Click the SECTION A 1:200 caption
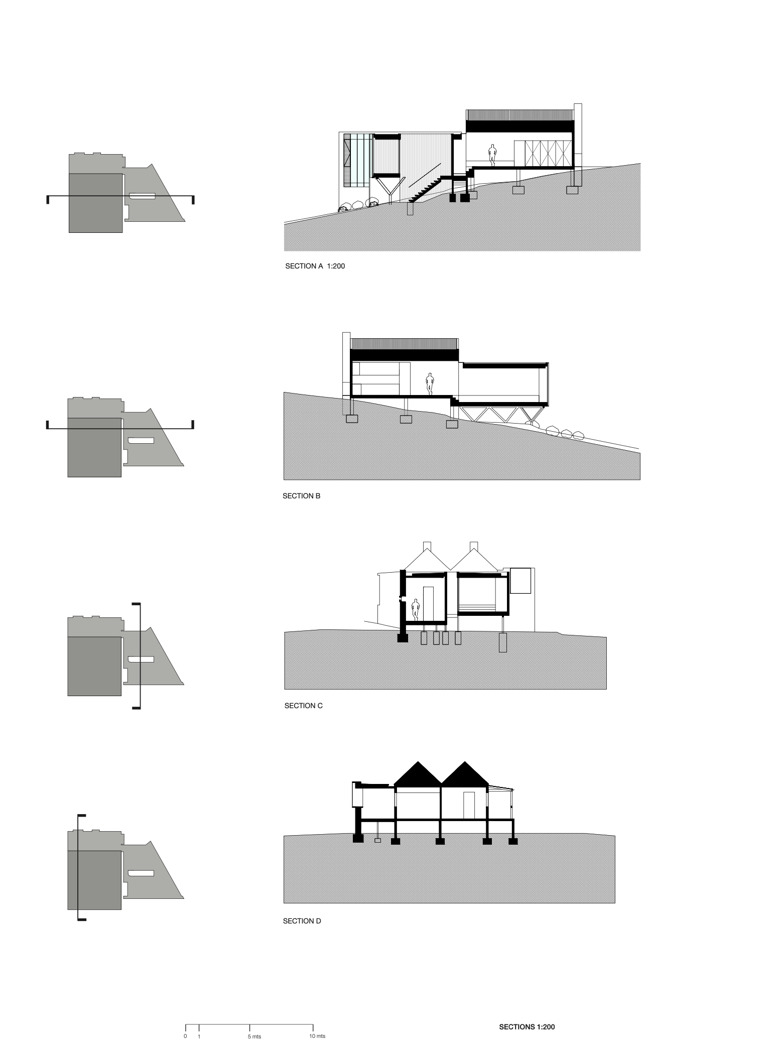coord(315,267)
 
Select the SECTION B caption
coord(301,496)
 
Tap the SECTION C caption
coord(303,706)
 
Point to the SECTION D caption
coord(302,921)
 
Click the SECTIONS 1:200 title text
coord(527,1027)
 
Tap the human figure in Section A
coord(493,155)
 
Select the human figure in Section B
coord(429,384)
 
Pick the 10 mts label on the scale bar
coord(317,1036)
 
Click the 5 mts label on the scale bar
coord(254,1036)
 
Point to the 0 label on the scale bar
coord(185,1036)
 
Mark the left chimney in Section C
coord(428,547)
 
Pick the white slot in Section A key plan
coord(143,196)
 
